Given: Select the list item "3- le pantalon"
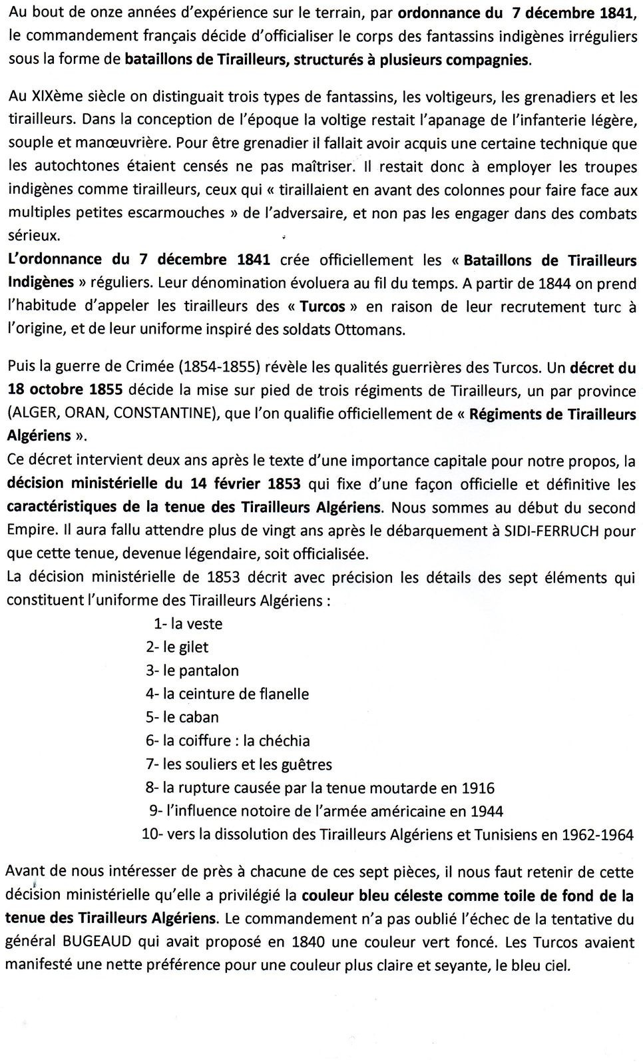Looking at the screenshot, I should [192, 670].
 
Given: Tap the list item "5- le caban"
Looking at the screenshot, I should [182, 717].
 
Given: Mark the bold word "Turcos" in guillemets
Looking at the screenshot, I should [323, 307].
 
